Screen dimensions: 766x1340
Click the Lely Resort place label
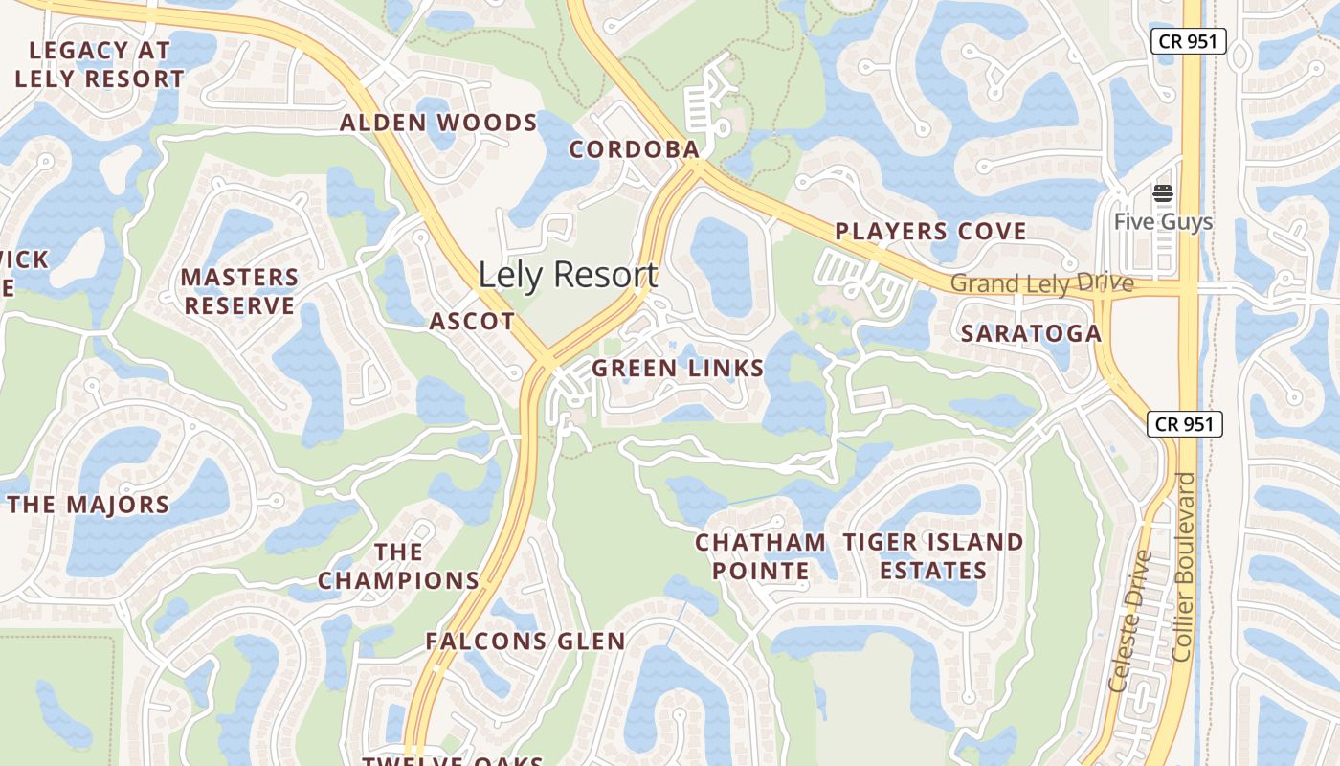568,276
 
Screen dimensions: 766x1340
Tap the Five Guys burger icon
1163,194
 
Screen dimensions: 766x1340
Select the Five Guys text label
1163,222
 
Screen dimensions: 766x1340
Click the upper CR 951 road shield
1188,40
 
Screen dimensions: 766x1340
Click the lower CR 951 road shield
1185,424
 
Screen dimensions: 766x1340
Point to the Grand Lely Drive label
1041,283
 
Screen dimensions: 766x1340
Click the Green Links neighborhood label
678,369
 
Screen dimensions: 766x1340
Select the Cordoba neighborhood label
635,150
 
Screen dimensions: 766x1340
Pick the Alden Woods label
438,123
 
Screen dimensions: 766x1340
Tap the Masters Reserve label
239,291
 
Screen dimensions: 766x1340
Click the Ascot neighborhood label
472,322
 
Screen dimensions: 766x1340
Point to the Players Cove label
930,231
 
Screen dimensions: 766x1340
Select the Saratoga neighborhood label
1031,333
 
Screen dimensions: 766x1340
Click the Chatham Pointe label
760,556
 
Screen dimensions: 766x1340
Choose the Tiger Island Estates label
933,556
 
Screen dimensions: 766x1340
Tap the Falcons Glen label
525,642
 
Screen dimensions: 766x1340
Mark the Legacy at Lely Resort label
100,64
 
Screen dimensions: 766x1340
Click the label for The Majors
89,505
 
